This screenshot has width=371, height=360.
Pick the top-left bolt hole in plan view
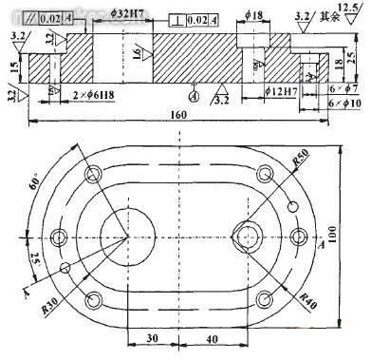point(94,174)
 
